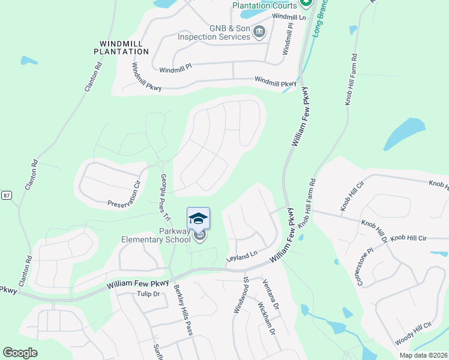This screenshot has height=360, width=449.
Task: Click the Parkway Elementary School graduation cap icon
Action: tap(199, 218)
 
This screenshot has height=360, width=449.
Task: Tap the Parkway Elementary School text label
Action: tap(167, 236)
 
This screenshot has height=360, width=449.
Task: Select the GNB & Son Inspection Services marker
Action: tap(259, 32)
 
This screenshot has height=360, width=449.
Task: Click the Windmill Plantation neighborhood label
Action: tap(121, 47)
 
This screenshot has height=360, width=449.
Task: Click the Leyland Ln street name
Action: tap(241, 258)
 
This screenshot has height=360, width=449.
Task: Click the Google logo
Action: tap(20, 352)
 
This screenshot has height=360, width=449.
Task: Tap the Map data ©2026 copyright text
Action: tap(423, 355)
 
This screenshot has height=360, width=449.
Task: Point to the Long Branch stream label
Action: tap(319, 18)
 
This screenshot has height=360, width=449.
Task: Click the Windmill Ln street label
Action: tap(289, 17)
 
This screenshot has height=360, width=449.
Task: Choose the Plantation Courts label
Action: tap(265, 5)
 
